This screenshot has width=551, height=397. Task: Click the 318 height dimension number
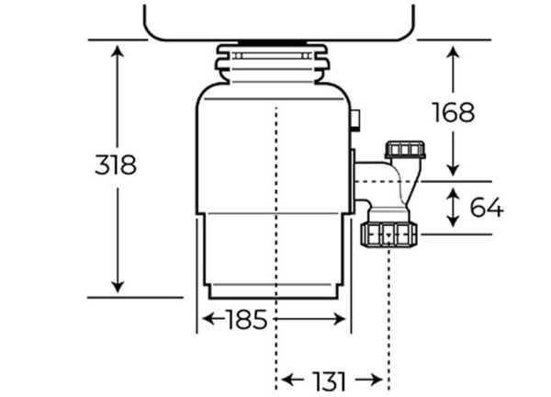click(116, 165)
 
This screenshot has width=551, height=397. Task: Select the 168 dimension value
click(454, 112)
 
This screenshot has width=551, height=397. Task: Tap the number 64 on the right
click(486, 209)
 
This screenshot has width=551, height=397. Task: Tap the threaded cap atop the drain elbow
click(405, 150)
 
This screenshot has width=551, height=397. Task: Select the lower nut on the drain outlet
click(390, 234)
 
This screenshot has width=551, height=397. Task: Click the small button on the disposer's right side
click(356, 119)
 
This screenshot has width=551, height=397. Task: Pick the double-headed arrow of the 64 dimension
click(453, 208)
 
